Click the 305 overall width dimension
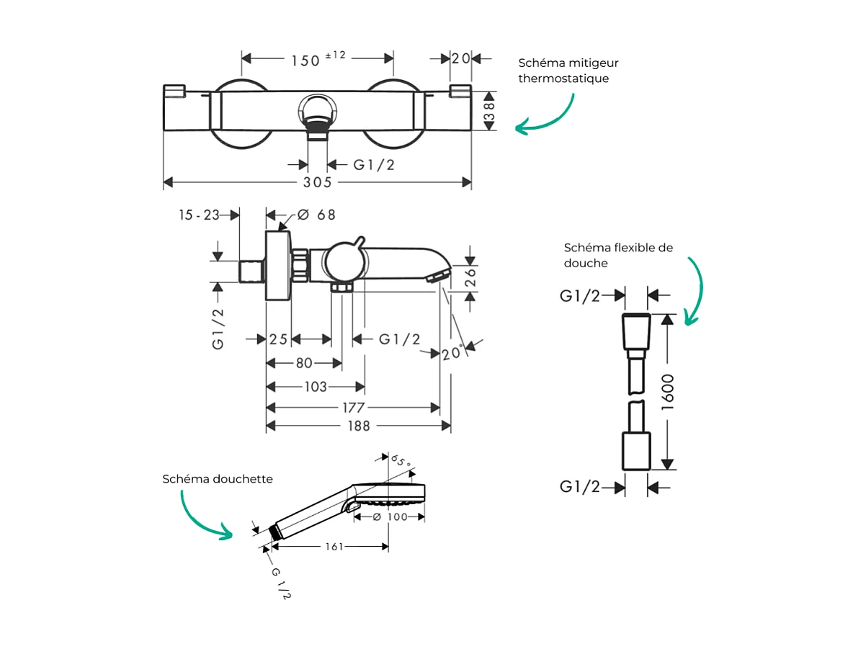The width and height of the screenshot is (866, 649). tap(317, 183)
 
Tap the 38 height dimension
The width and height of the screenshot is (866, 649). tap(489, 111)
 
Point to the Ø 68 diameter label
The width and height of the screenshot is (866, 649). tap(316, 215)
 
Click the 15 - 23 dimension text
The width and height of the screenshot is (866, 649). tap(200, 215)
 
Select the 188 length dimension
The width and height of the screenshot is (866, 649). tap(358, 426)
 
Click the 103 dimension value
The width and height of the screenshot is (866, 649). tap(316, 388)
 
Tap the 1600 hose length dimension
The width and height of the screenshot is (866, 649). tap(668, 393)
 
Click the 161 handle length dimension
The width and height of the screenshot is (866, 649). tap(333, 547)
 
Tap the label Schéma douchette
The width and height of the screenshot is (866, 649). tap(218, 479)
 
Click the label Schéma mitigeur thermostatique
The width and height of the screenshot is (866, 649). tap(568, 71)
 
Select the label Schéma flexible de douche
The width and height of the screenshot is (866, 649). tap(618, 255)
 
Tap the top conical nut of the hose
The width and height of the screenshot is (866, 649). tap(636, 331)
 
